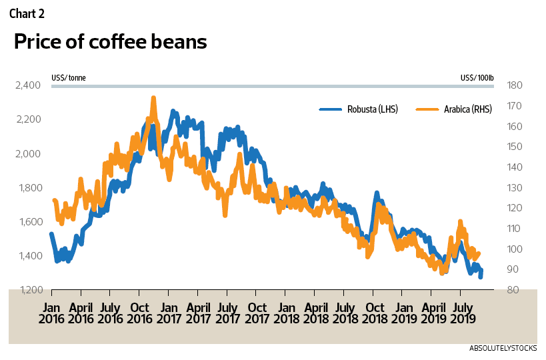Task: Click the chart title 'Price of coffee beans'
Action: pos(110,42)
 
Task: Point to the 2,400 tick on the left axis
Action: pos(28,85)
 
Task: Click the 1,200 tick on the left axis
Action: pos(28,290)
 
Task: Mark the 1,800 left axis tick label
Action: pos(28,188)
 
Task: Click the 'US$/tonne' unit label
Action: pos(68,78)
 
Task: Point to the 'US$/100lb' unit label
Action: pos(477,78)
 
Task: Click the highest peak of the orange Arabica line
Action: pos(153,98)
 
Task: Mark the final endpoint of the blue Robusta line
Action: pos(481,275)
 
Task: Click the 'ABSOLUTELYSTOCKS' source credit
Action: pos(507,349)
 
